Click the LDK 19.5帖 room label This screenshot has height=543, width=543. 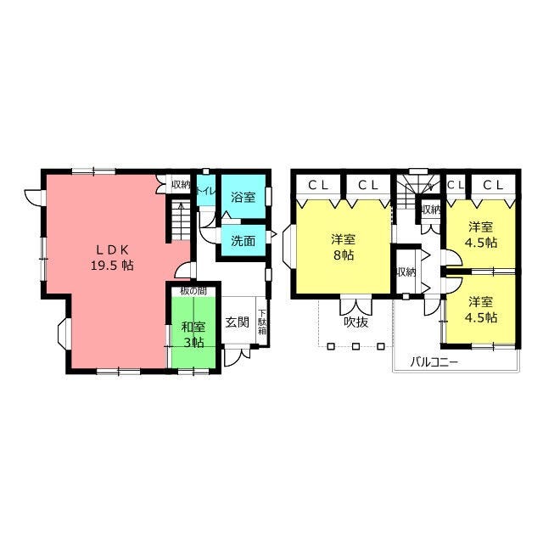pyautogui.click(x=112, y=257)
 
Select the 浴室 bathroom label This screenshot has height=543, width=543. pyautogui.click(x=244, y=197)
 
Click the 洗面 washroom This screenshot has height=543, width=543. pyautogui.click(x=244, y=241)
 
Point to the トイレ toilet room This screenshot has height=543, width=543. pyautogui.click(x=206, y=190)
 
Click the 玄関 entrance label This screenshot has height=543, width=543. pyautogui.click(x=238, y=322)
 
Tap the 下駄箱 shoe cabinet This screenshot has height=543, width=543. pyautogui.click(x=262, y=321)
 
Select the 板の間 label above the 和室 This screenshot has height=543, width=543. pyautogui.click(x=193, y=291)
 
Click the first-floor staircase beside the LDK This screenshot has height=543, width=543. pyautogui.click(x=181, y=220)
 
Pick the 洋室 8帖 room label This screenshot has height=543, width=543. pyautogui.click(x=343, y=247)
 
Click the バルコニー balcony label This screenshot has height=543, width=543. pyautogui.click(x=434, y=362)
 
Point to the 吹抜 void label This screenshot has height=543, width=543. pyautogui.click(x=355, y=322)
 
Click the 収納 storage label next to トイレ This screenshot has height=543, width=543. pyautogui.click(x=181, y=185)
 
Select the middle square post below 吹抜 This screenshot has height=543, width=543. pyautogui.click(x=355, y=346)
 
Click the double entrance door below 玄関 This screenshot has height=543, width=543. pyautogui.click(x=237, y=355)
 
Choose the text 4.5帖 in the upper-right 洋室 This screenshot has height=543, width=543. pyautogui.click(x=481, y=242)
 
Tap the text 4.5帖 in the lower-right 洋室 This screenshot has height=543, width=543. pyautogui.click(x=481, y=317)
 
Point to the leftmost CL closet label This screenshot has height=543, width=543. pyautogui.click(x=318, y=186)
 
